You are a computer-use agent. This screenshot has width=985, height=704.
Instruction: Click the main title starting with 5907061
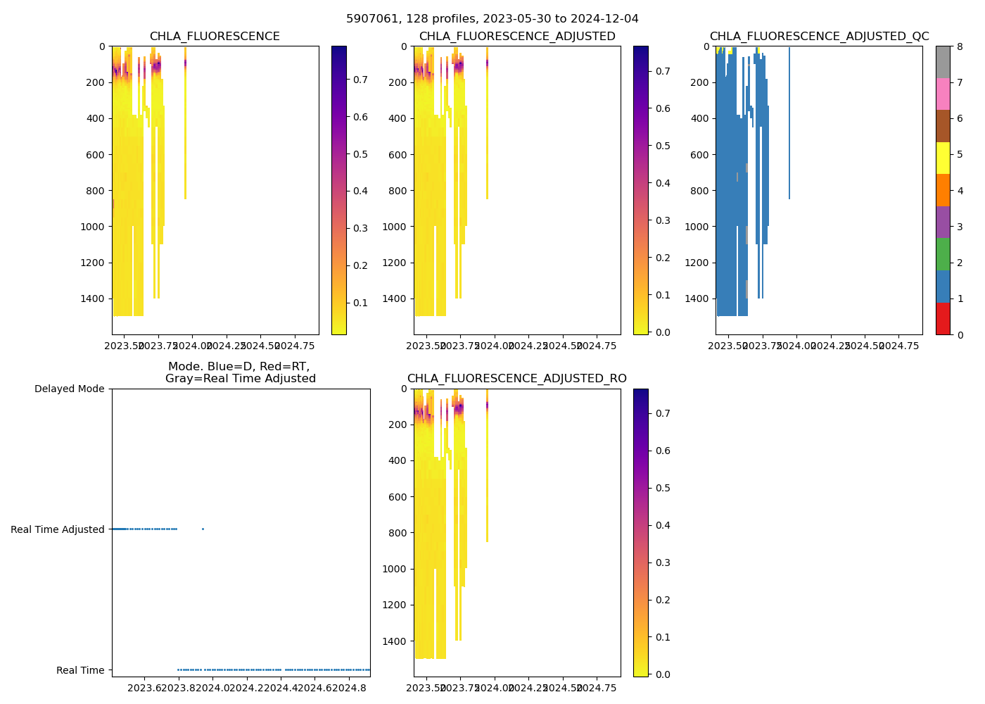point(492,19)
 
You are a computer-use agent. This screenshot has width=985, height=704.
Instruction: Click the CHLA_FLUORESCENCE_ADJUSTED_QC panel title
point(819,37)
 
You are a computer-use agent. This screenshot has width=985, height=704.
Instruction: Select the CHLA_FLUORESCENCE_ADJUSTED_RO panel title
point(516,379)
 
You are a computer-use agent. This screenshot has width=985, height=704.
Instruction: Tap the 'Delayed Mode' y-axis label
point(69,389)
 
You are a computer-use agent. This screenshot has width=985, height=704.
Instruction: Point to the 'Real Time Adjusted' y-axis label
point(58,529)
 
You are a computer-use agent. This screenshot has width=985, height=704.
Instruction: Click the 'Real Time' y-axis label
point(80,670)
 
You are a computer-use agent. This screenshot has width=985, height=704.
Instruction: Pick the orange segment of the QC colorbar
point(943,190)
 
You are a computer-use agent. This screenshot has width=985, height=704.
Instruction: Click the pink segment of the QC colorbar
point(943,94)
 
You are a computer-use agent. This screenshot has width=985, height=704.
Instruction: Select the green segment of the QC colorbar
point(943,254)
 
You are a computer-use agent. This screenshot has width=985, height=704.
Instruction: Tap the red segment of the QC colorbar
point(943,318)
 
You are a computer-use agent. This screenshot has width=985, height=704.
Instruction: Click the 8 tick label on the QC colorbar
point(960,46)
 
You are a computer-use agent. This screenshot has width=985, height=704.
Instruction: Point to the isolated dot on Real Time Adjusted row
point(203,529)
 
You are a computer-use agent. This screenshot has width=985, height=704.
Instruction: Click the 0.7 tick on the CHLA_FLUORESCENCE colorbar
point(360,80)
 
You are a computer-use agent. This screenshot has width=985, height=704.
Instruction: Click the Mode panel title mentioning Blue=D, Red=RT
point(240,372)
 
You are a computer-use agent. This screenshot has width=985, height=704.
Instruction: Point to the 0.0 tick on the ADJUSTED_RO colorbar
point(661,674)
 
